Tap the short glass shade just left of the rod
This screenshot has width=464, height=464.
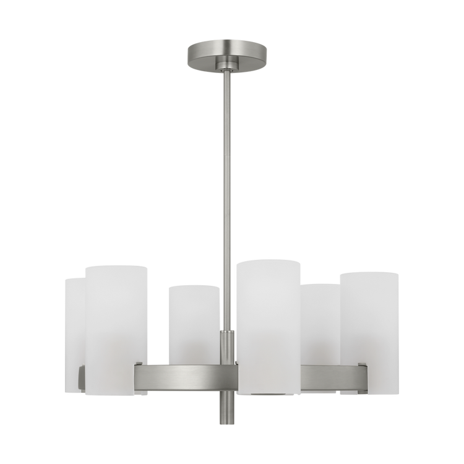coord(193,322)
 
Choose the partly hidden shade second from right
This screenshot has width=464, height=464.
coord(323,322)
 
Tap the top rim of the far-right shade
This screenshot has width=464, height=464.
coord(369,272)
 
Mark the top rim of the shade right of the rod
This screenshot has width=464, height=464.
coord(267,262)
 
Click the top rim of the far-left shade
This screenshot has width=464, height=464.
coord(74,278)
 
